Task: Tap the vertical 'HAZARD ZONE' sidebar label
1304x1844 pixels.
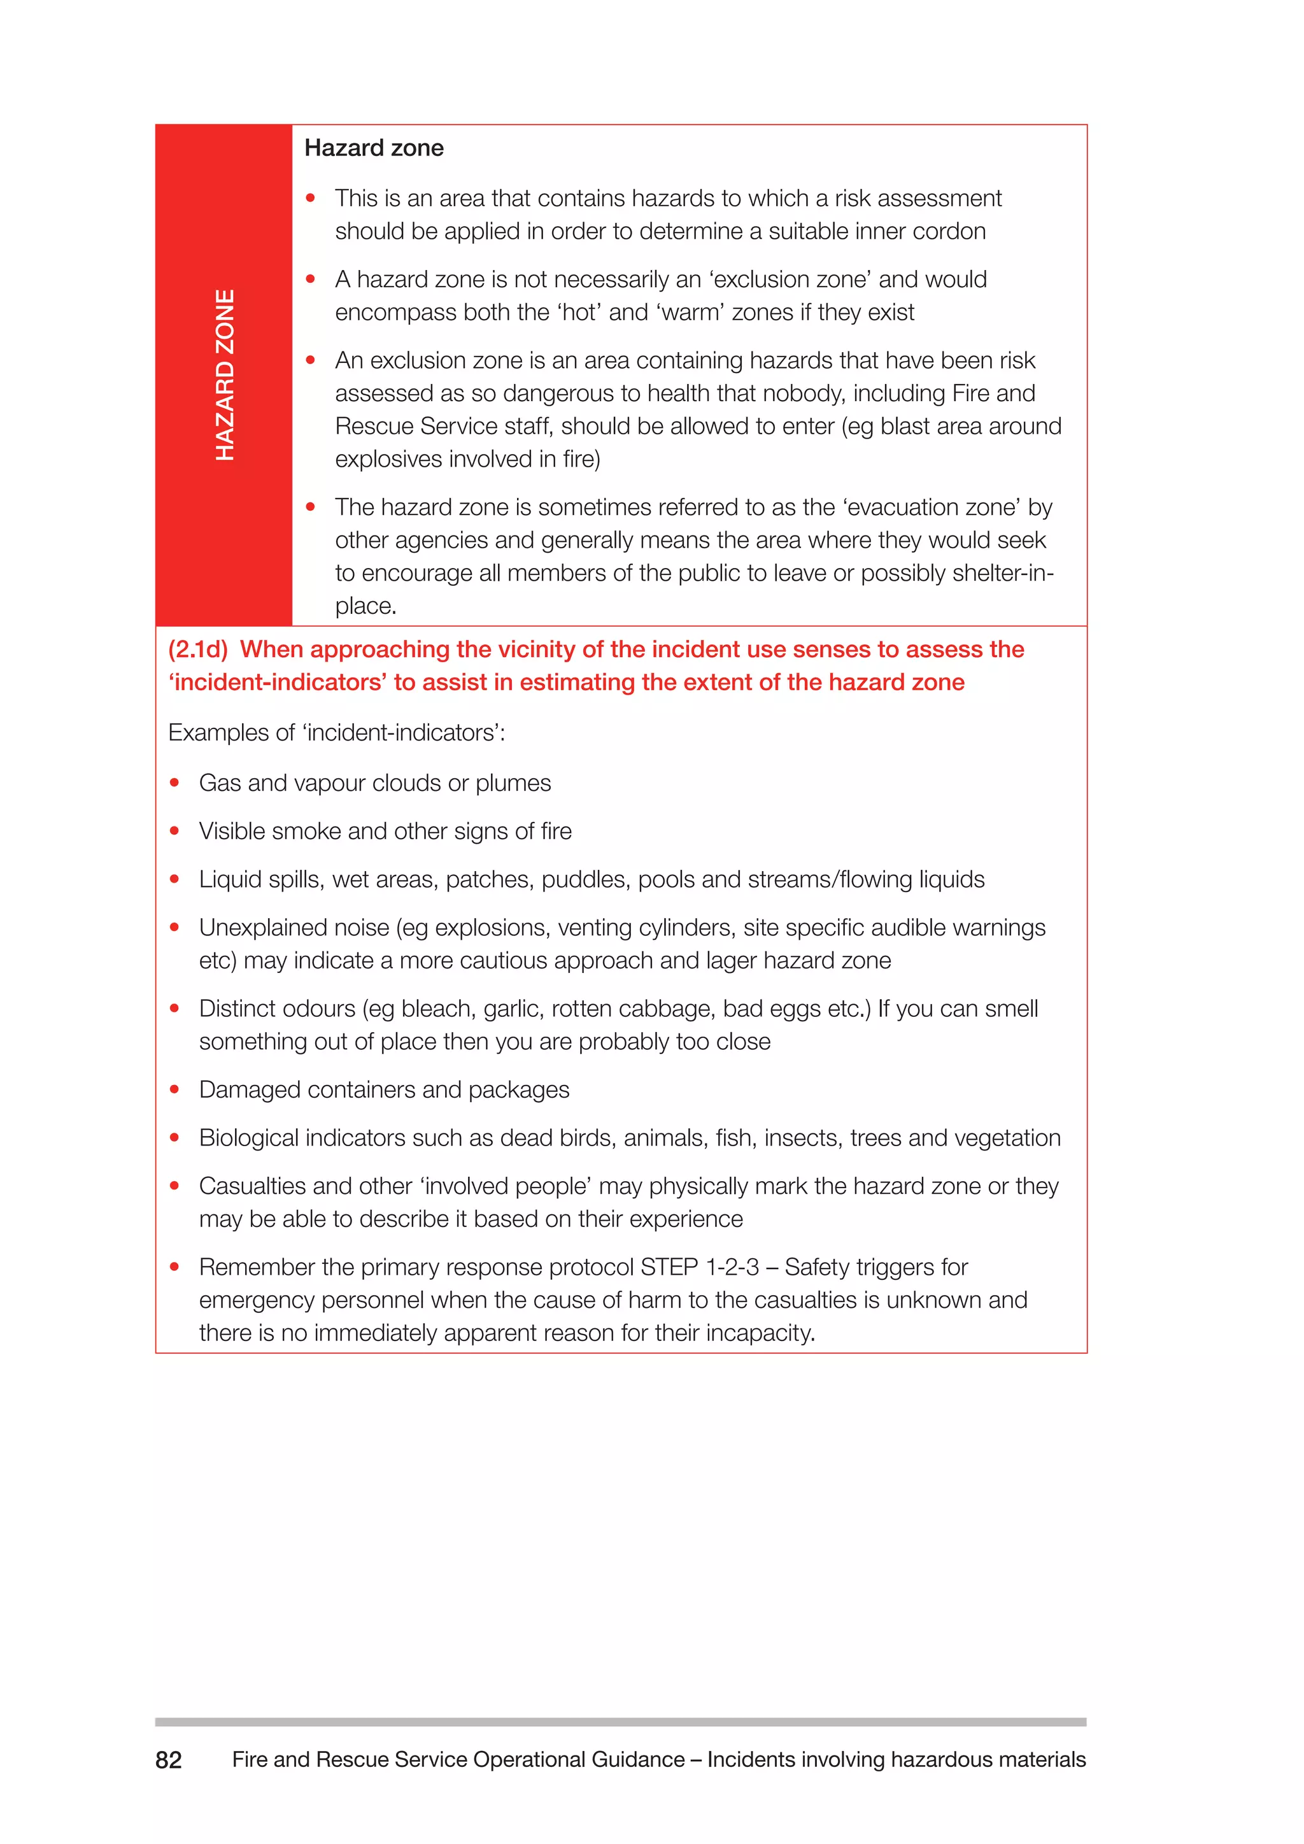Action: (225, 375)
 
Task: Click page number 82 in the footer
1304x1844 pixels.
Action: (169, 1760)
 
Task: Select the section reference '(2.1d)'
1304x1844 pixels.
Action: (198, 649)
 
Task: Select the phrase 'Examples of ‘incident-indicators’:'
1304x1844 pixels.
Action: (336, 732)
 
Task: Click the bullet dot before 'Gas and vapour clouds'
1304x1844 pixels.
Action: (174, 783)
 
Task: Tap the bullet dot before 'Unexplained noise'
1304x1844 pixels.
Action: (174, 927)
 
